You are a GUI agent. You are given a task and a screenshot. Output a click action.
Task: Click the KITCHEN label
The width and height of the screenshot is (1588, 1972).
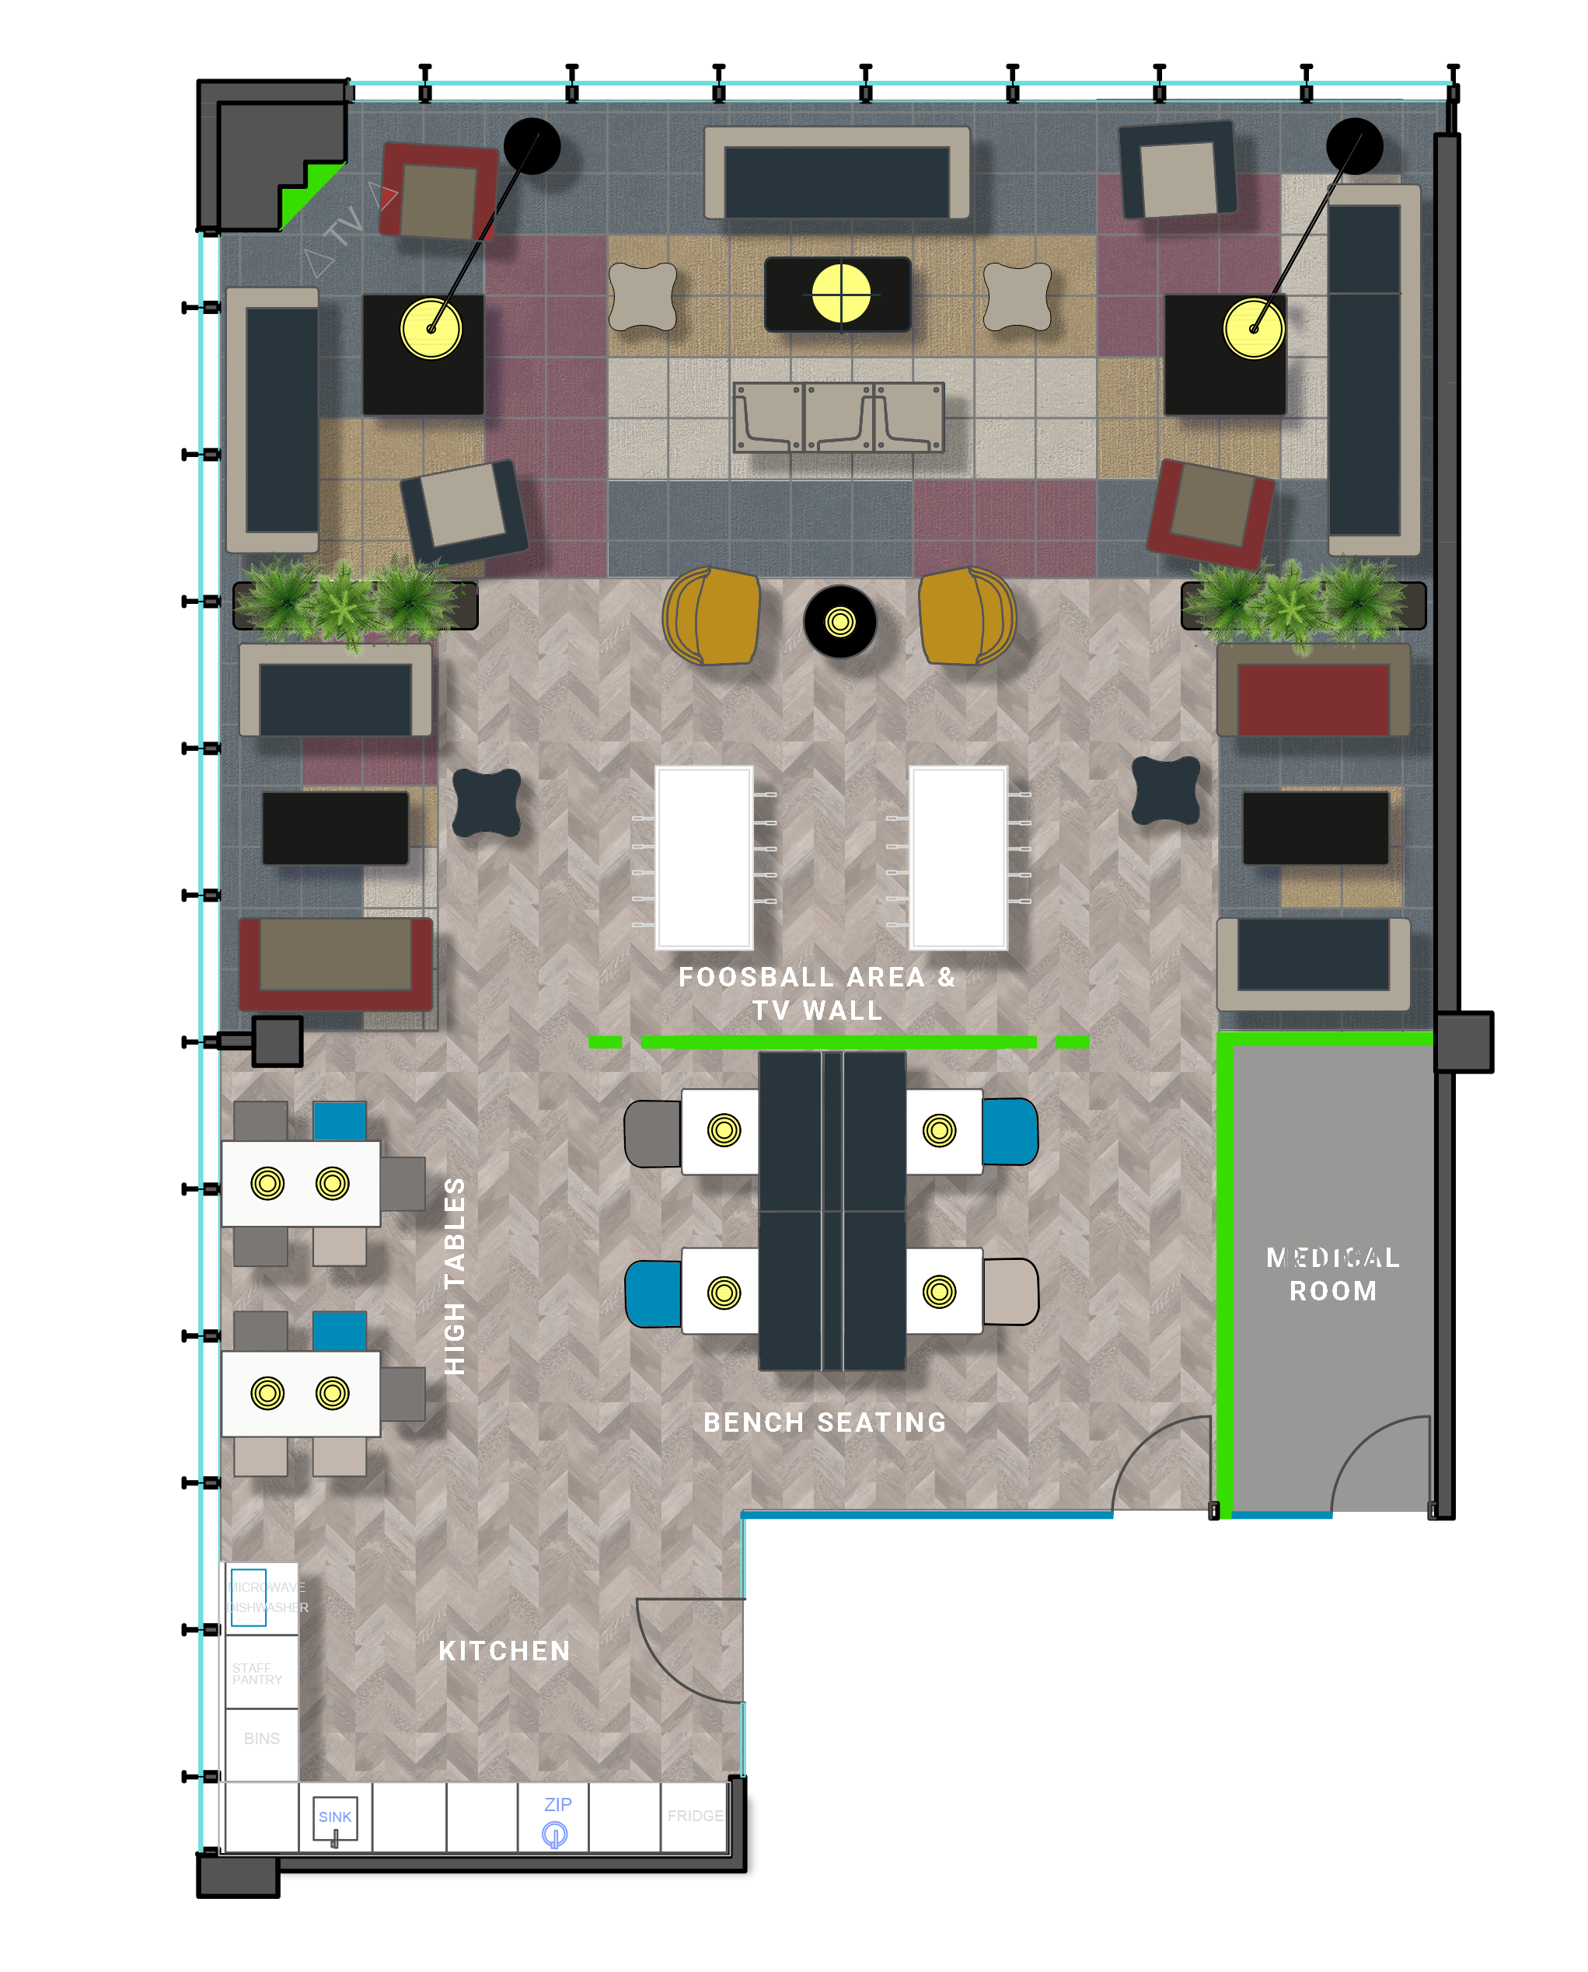pos(504,1651)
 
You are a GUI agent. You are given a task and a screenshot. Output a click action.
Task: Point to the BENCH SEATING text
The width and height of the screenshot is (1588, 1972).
pos(824,1422)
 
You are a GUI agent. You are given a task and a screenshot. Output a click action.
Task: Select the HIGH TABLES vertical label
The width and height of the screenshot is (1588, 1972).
pos(455,1276)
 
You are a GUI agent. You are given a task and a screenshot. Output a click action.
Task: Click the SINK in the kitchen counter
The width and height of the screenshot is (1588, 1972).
pos(335,1817)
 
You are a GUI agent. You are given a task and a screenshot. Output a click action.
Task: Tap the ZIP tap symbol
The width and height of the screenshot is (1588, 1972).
pos(554,1833)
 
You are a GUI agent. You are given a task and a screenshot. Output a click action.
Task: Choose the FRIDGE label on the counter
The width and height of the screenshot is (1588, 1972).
pos(695,1816)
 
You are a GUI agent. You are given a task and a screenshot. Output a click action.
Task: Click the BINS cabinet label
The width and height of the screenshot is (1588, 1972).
pos(262,1739)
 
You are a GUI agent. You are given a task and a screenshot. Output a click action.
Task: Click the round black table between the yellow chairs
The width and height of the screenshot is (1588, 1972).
pos(839,622)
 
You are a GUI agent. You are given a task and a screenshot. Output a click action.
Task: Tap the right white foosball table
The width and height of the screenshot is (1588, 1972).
pos(958,857)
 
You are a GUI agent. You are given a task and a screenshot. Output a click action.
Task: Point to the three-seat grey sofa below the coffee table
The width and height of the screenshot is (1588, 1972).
pos(838,417)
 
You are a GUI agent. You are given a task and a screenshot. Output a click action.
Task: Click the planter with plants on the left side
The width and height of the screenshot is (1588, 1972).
pos(355,604)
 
